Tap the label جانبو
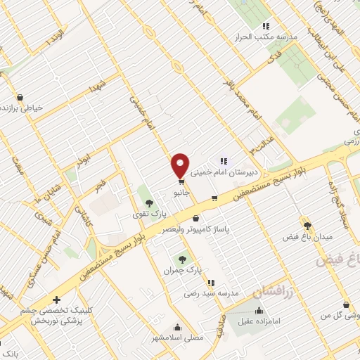181,193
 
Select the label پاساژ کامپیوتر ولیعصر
197,230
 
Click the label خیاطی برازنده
23,108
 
